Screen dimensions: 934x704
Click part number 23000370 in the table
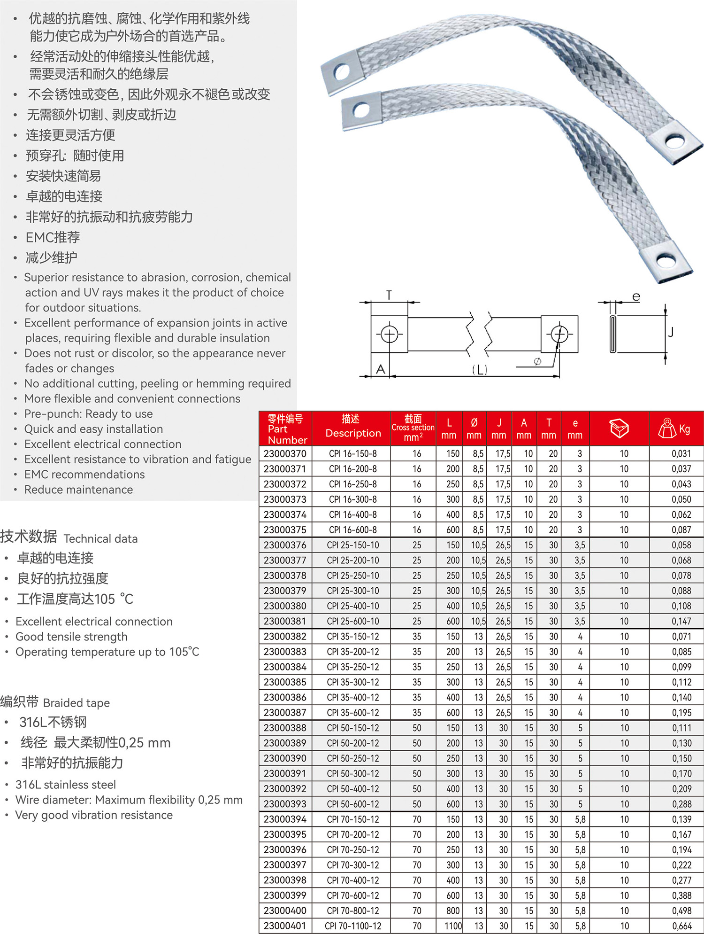coord(285,453)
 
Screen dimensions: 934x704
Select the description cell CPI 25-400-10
coord(353,606)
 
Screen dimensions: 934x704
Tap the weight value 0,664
coord(681,926)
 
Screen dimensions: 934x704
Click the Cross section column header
coord(413,428)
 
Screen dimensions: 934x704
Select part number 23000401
coord(285,926)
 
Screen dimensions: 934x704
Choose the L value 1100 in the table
coord(453,926)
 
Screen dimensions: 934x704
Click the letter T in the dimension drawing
coord(389,295)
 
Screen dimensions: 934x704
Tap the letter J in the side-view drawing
coord(671,332)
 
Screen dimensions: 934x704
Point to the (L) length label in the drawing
coord(480,370)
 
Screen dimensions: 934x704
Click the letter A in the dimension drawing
coord(381,369)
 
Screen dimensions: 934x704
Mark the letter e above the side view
coord(636,297)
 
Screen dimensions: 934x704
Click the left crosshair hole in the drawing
coord(389,335)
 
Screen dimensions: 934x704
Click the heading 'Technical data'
coord(100,539)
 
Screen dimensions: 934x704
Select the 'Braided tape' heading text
coord(77,703)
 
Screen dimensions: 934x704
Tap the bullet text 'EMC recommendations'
coord(84,475)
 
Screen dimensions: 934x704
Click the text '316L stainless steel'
coord(66,785)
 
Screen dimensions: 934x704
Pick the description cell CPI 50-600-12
coord(353,804)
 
